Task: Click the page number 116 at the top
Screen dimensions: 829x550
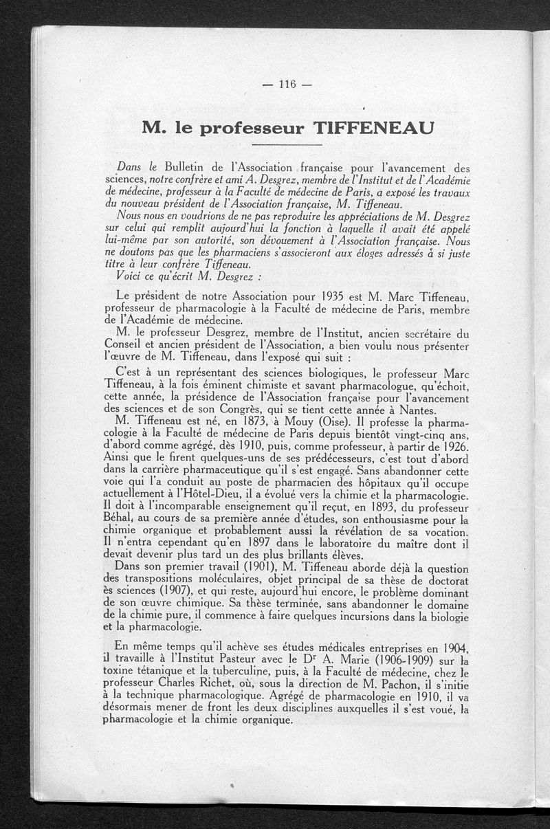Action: click(287, 85)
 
